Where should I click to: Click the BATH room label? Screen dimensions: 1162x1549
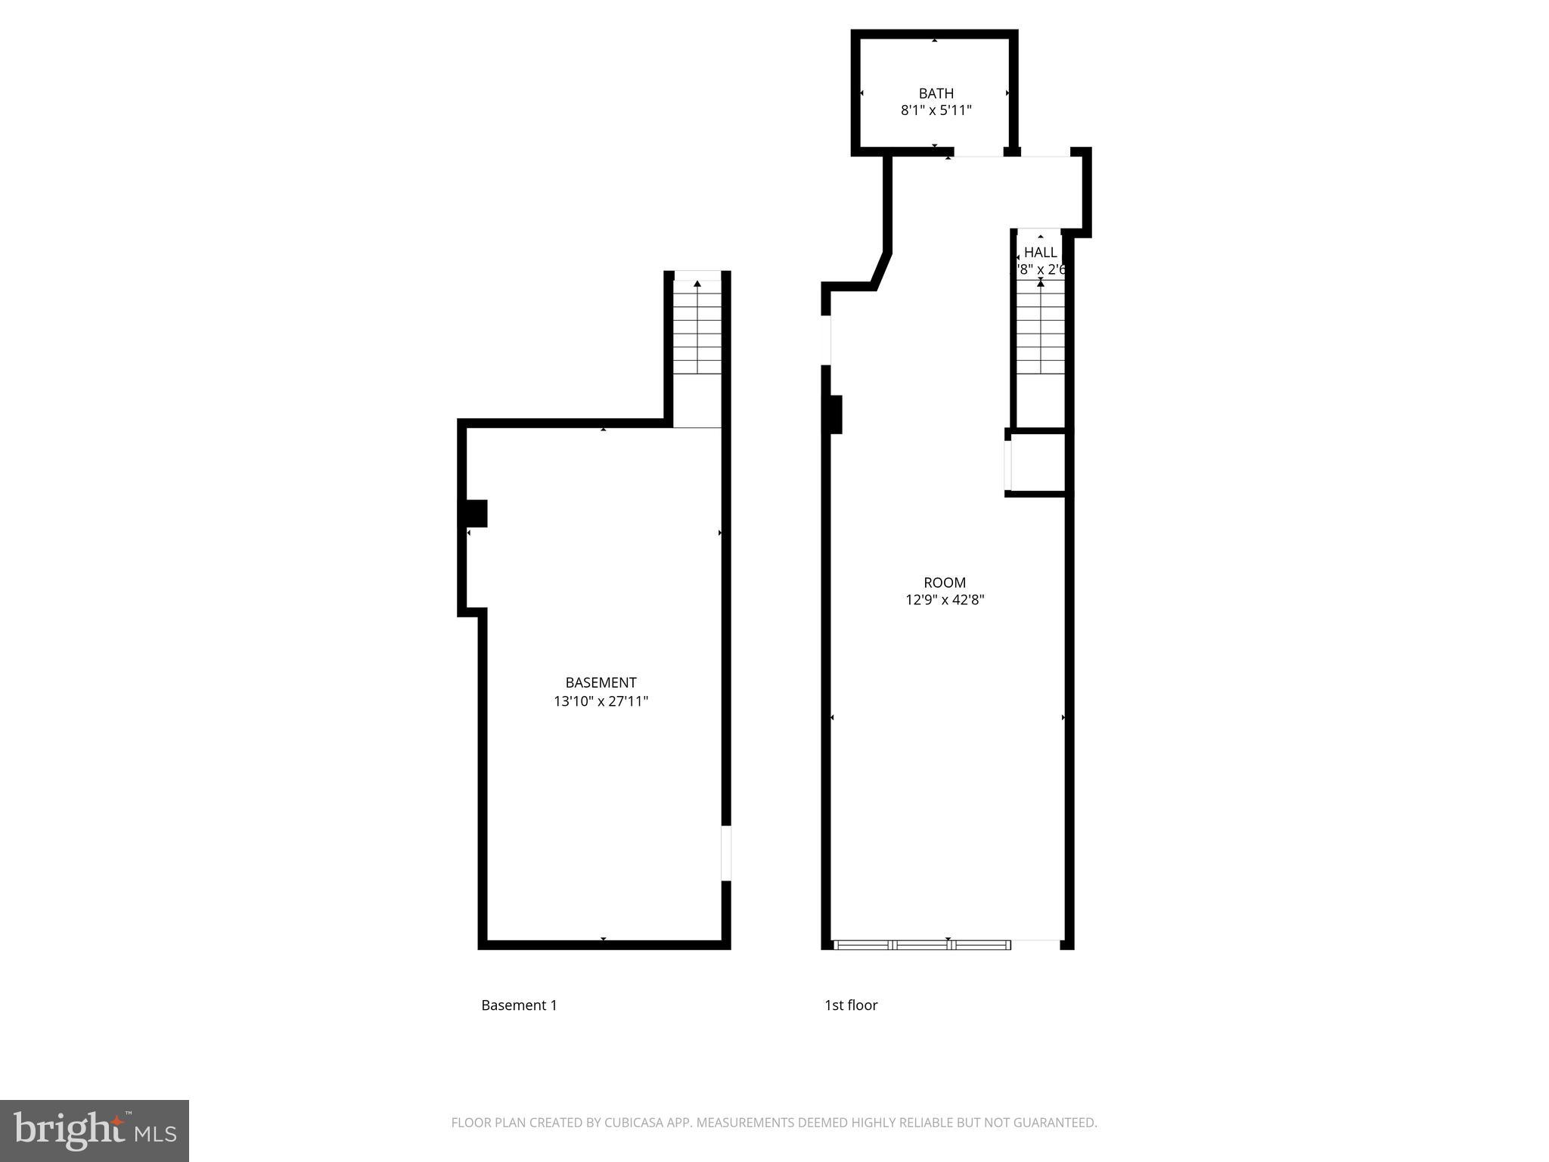[x=936, y=94]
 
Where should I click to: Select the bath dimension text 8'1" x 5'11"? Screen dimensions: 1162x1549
[x=936, y=110]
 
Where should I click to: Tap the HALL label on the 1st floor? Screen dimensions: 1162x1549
[x=1040, y=253]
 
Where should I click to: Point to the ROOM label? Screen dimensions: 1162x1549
[x=945, y=583]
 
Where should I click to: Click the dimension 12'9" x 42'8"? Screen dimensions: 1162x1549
[x=945, y=601]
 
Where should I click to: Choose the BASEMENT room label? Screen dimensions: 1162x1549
[x=601, y=682]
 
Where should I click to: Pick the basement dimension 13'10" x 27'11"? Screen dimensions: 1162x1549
[x=601, y=701]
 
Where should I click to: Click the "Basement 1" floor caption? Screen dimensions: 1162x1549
[x=519, y=1005]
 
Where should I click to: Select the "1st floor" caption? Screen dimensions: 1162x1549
[x=851, y=1005]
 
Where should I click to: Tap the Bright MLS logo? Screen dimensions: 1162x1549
[x=94, y=1131]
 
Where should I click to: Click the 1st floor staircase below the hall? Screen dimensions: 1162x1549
[x=1040, y=329]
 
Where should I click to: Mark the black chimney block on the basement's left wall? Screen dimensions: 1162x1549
[x=475, y=514]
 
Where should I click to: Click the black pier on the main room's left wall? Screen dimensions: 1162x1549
[x=835, y=414]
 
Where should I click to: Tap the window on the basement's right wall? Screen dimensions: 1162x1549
[x=726, y=853]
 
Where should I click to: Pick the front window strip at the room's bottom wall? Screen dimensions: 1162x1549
[x=922, y=945]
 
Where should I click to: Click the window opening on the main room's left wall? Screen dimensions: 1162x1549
[x=826, y=340]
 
